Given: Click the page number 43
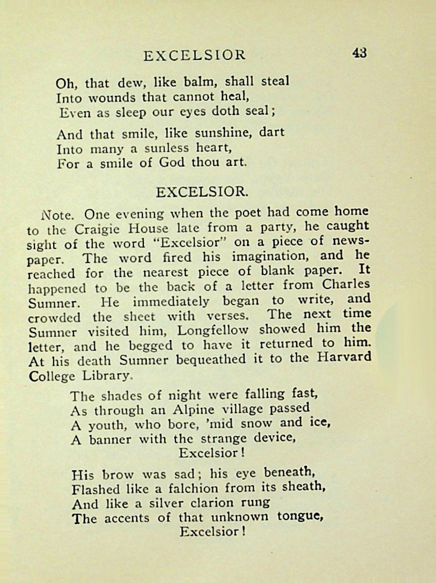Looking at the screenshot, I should pyautogui.click(x=360, y=53).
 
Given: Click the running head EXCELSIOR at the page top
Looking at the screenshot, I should pyautogui.click(x=194, y=55).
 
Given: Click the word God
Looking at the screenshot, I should pyautogui.click(x=173, y=163).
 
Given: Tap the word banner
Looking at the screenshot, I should pyautogui.click(x=110, y=439).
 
